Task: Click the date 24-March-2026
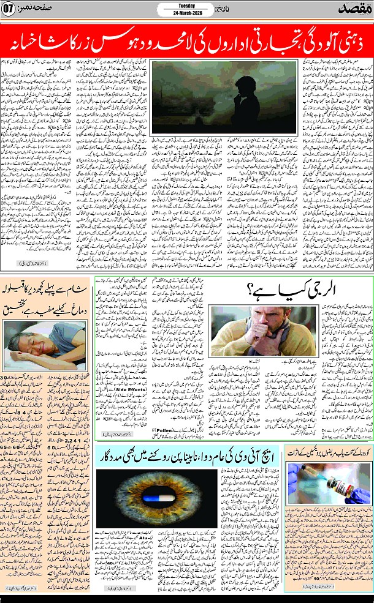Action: tap(186, 13)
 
